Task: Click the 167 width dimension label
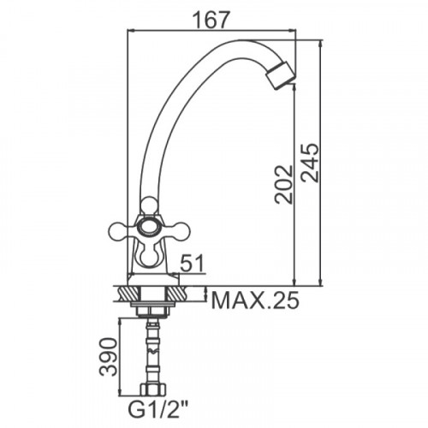pyautogui.click(x=211, y=21)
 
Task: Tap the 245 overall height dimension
pyautogui.click(x=310, y=163)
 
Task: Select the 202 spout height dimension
pyautogui.click(x=284, y=185)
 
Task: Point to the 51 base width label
pyautogui.click(x=193, y=264)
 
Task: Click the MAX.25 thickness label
pyautogui.click(x=255, y=300)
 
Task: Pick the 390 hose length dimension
pyautogui.click(x=109, y=357)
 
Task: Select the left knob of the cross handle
pyautogui.click(x=117, y=230)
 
